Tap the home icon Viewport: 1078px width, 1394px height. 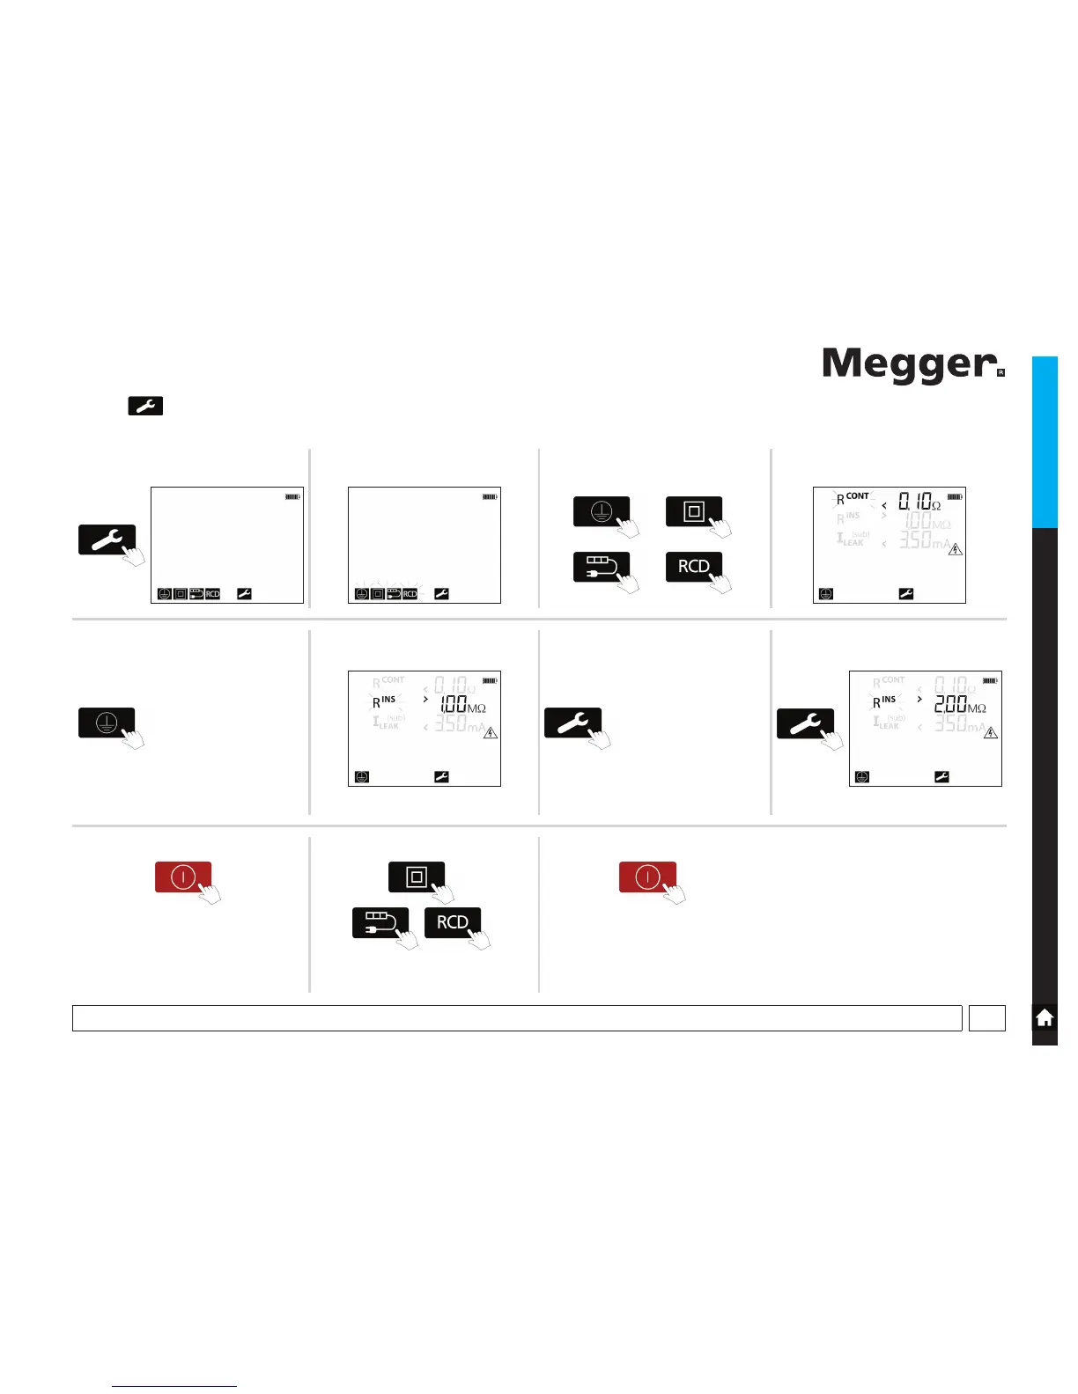[x=1045, y=1018]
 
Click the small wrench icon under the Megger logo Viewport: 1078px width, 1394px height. [x=145, y=406]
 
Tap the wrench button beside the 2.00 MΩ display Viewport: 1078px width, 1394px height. [x=804, y=723]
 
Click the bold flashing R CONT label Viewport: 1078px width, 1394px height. [x=852, y=499]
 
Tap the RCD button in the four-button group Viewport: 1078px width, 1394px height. [x=694, y=566]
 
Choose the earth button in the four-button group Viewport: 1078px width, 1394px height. [x=602, y=511]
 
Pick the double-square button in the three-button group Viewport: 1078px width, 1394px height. [x=417, y=877]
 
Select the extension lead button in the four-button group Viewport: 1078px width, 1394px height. [x=602, y=566]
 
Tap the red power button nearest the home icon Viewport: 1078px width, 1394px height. [x=647, y=877]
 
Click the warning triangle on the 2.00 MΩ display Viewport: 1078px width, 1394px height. [x=991, y=732]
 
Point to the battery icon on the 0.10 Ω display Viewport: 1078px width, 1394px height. [x=955, y=497]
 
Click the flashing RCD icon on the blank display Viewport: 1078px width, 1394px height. [x=410, y=594]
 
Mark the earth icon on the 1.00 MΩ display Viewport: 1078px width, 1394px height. [x=362, y=777]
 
